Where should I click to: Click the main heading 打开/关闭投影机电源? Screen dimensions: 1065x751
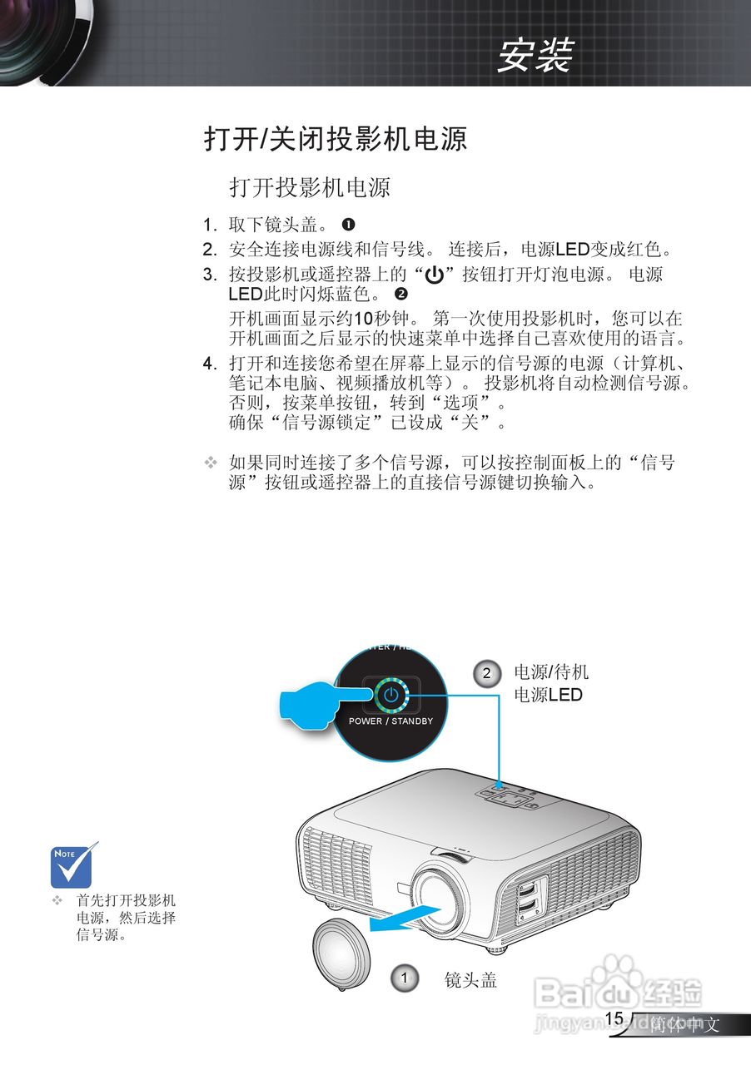point(336,138)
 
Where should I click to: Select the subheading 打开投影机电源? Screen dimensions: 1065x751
point(310,187)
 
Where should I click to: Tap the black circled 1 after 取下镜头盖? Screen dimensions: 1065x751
point(349,225)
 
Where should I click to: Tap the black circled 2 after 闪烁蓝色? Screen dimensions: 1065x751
point(401,294)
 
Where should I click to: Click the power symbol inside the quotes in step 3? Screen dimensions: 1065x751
point(434,275)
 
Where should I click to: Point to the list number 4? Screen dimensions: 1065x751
point(209,364)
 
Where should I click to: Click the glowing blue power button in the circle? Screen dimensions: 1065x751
point(390,695)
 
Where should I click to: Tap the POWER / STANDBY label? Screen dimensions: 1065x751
point(390,721)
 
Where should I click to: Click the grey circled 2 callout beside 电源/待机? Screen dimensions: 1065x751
point(486,673)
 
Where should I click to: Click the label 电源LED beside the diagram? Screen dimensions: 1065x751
point(548,695)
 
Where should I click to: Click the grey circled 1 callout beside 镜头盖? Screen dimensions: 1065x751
point(404,978)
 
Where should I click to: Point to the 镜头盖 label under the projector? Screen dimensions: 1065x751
point(470,980)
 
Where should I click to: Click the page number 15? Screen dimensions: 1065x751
point(614,1018)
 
